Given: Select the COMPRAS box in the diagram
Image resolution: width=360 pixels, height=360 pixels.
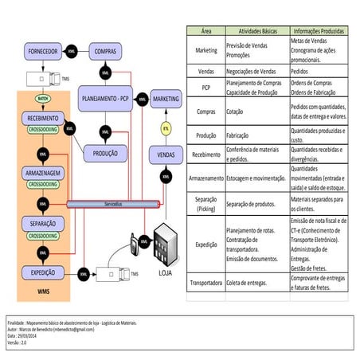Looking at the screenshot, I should click(x=106, y=50).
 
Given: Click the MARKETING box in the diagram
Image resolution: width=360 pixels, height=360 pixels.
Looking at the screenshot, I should click(x=166, y=99).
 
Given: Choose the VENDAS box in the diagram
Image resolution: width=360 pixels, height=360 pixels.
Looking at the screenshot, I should click(x=166, y=152).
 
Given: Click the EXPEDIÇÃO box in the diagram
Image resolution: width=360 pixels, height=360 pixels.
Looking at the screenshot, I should click(x=41, y=272).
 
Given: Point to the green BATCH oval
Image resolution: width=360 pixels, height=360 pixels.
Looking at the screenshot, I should click(x=41, y=99).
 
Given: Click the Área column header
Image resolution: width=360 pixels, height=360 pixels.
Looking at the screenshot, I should click(x=205, y=29).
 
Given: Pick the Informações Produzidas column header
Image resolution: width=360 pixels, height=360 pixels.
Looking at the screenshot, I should click(x=318, y=29).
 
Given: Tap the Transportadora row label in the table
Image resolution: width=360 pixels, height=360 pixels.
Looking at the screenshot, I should click(x=205, y=282).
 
